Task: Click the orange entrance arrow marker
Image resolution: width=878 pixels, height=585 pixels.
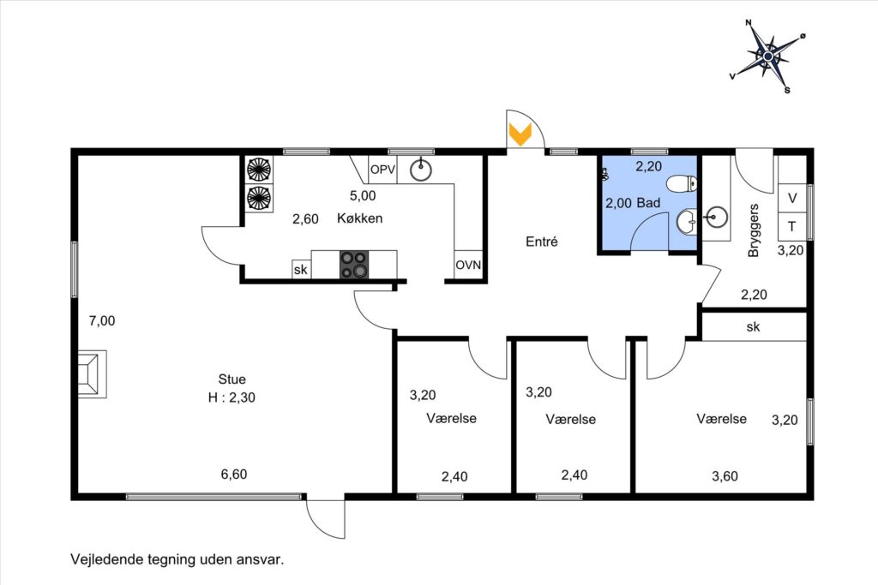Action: tap(520, 134)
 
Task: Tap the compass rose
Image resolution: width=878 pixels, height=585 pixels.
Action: tap(768, 56)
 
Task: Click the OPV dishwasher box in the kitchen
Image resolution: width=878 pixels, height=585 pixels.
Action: tap(382, 170)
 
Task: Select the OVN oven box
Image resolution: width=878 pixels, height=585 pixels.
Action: tap(468, 265)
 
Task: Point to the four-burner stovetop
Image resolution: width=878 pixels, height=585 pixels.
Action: tap(354, 265)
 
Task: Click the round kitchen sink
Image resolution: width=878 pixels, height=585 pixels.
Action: tap(420, 170)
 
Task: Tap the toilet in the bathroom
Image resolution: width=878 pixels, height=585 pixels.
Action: tap(682, 183)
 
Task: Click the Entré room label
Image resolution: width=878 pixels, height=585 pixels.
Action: tap(542, 242)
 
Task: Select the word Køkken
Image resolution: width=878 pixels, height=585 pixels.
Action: tap(359, 218)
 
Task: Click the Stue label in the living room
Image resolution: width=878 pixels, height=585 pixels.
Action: tap(232, 379)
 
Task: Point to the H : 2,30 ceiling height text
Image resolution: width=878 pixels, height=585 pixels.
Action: tap(232, 397)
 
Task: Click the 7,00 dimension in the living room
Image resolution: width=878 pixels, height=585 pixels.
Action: tap(102, 321)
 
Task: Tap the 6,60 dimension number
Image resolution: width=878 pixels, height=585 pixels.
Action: tap(233, 475)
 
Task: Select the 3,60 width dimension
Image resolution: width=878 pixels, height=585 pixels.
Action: tap(725, 476)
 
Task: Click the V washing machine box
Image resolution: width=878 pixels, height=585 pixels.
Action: tap(791, 198)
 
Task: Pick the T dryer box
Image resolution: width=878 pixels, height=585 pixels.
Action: tap(791, 226)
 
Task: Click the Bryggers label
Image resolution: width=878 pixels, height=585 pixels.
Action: tap(754, 230)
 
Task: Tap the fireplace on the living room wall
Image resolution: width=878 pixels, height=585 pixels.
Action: tap(92, 374)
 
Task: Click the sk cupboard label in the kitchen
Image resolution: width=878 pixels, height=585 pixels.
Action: tap(301, 270)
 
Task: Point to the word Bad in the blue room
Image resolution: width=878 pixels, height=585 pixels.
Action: tap(649, 202)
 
